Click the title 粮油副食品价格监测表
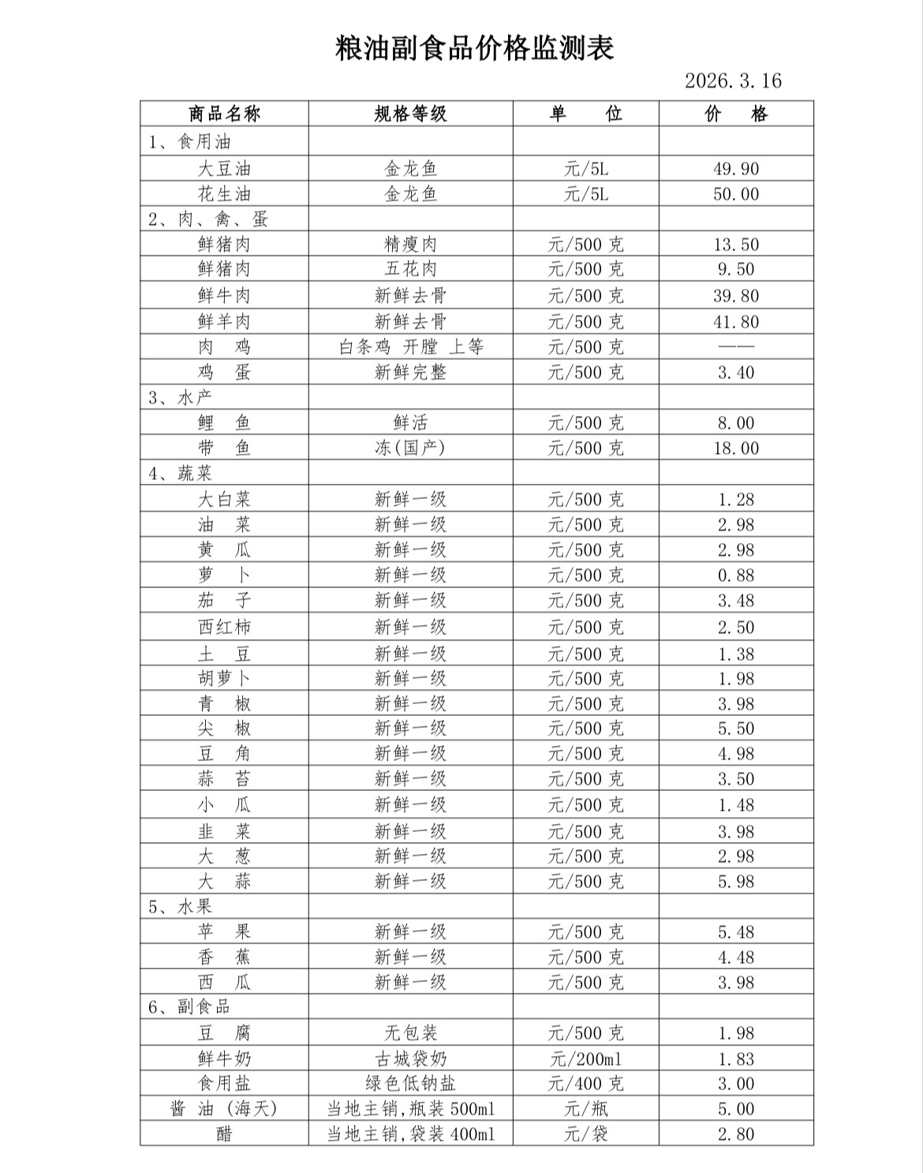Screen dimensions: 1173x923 474,49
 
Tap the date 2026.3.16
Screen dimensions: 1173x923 733,81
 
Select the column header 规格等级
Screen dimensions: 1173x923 410,114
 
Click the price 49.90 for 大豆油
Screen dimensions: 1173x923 736,169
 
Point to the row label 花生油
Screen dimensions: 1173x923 224,194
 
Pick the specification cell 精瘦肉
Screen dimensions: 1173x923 410,245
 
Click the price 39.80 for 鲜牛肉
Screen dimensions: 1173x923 736,296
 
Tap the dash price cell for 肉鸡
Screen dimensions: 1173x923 736,347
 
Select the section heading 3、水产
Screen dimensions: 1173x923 181,397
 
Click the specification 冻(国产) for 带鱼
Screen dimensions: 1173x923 410,448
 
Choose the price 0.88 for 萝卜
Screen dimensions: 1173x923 736,575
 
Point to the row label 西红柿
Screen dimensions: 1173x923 224,628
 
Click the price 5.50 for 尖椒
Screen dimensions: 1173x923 736,729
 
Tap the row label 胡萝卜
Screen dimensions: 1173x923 224,679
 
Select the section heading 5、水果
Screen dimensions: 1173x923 181,906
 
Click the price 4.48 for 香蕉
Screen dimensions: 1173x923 736,958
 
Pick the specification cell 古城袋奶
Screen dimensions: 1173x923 410,1059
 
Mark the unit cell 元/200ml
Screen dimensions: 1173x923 585,1059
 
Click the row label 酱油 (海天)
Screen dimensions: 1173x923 224,1109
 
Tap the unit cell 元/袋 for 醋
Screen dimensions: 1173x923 585,1134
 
